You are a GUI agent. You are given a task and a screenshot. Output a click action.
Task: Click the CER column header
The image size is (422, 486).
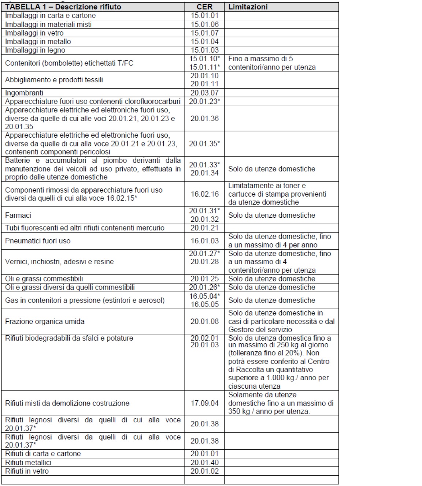coord(204,7)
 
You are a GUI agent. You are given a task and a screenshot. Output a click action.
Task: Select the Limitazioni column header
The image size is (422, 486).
coord(248,7)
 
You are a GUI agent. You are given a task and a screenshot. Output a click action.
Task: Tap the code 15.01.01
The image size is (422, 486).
coord(204,15)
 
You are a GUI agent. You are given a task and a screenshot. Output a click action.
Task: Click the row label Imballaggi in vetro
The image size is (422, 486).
coord(34,33)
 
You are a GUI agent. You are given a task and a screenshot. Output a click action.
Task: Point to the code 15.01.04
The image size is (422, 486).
coord(204,41)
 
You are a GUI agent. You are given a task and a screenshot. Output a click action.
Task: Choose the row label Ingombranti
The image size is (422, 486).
coord(24,93)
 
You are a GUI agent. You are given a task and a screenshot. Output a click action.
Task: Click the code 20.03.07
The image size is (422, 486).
coord(204,93)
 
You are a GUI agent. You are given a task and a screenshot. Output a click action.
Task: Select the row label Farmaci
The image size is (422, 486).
coord(18,215)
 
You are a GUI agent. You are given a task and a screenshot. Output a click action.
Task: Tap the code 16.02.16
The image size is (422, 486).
coord(204,194)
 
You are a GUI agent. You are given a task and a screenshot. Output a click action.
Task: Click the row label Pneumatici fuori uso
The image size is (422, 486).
coord(37,241)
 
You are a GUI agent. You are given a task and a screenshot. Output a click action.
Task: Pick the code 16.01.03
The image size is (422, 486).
coord(204,241)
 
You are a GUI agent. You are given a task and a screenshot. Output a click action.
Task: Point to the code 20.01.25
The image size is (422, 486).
coord(204,279)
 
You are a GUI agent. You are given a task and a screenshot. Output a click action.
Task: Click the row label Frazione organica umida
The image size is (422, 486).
coord(45,321)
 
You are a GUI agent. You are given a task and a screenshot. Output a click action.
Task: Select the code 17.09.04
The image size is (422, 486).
coord(204,403)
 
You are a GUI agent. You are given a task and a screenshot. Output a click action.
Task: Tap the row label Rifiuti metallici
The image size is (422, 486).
coord(28,462)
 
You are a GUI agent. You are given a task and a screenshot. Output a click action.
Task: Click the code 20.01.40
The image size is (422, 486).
coord(204,462)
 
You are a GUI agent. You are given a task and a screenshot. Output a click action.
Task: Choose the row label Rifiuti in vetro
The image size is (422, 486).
coord(27,471)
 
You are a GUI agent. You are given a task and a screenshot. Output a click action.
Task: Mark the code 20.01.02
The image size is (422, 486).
coord(204,471)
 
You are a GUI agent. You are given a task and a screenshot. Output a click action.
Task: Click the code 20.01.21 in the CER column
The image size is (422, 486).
coord(204,228)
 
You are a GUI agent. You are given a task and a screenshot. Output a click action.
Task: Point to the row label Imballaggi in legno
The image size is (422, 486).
coord(35,50)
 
